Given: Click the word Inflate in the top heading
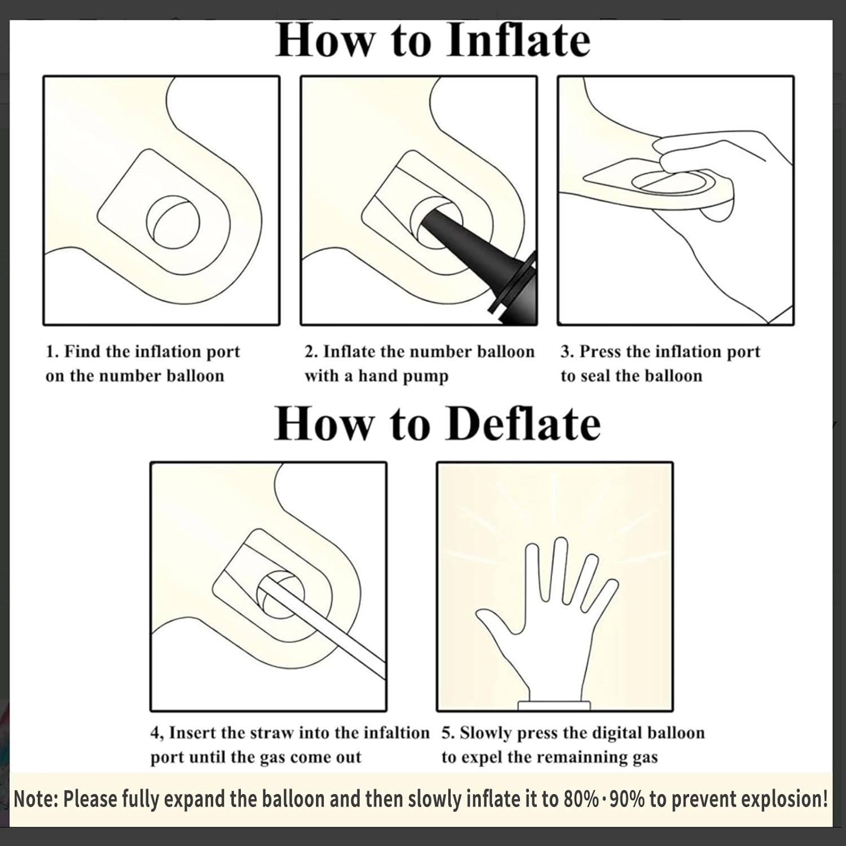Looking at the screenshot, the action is tap(518, 40).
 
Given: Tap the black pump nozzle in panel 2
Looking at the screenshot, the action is tap(479, 257).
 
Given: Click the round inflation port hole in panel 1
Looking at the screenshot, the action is tap(173, 222).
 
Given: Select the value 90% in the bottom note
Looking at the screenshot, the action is tap(625, 799).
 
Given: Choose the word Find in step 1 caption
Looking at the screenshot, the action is tap(82, 351).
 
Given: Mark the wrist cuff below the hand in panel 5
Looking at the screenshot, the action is tap(554, 705).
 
